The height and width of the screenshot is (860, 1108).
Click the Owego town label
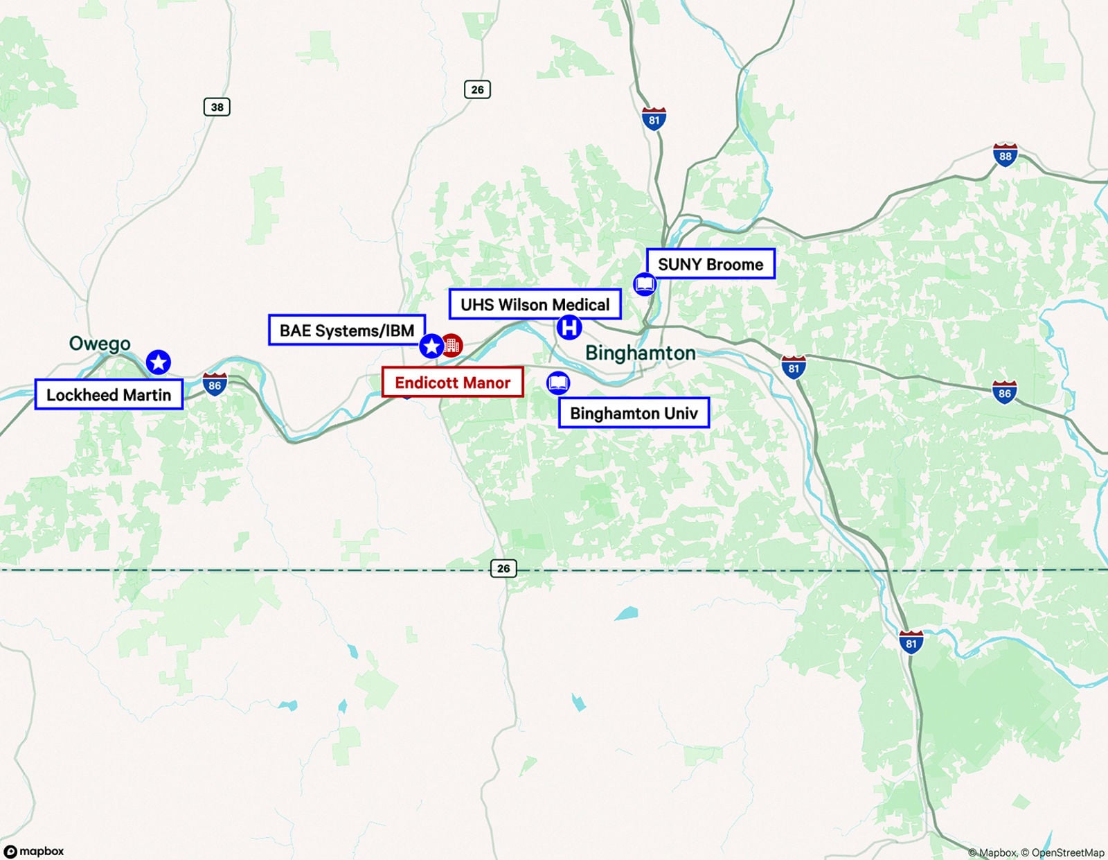(x=100, y=344)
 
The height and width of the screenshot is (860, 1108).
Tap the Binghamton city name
(x=640, y=353)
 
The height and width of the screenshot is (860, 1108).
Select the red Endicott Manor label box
(x=452, y=383)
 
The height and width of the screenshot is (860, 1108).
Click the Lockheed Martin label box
(x=109, y=394)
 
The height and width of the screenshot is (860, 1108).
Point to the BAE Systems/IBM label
(x=346, y=331)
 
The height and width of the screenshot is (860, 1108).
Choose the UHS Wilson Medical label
(x=535, y=304)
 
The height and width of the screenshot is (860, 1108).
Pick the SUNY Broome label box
(x=710, y=264)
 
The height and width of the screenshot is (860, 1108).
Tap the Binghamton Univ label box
(x=634, y=413)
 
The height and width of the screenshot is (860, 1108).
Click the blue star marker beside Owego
(x=159, y=362)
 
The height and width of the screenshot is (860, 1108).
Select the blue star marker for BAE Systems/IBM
(x=431, y=346)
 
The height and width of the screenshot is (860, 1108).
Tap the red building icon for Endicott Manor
(x=452, y=345)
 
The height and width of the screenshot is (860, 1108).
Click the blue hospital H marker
(x=569, y=327)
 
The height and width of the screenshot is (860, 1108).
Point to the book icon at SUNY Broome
(x=645, y=284)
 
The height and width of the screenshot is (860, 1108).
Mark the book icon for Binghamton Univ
(x=558, y=383)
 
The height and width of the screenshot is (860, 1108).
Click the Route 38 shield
(x=217, y=107)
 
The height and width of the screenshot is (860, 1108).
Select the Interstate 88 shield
(x=1005, y=155)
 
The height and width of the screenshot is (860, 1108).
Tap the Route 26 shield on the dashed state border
(x=503, y=568)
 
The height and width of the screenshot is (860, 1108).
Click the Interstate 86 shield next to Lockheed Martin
(x=215, y=385)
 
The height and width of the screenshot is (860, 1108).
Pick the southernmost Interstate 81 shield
(x=911, y=642)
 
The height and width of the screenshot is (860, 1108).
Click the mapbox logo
(x=35, y=851)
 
